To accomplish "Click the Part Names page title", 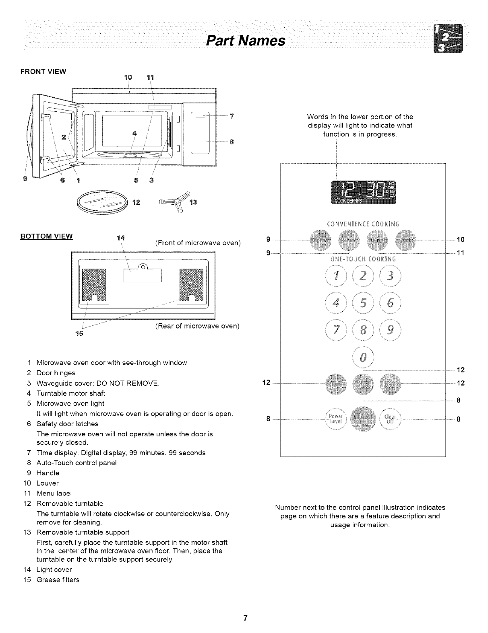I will (x=246, y=41).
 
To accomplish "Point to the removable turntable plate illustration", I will (x=102, y=201).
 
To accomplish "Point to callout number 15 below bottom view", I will (x=79, y=334).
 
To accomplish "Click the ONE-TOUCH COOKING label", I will (x=363, y=259).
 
